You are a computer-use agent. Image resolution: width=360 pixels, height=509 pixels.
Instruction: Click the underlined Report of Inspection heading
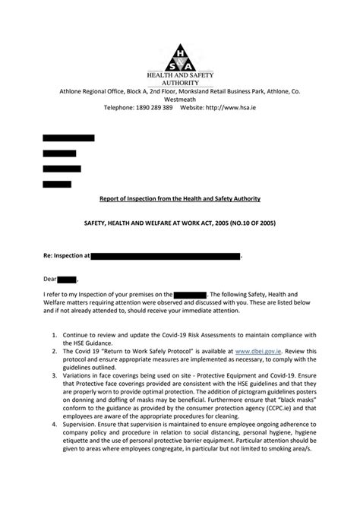(180, 199)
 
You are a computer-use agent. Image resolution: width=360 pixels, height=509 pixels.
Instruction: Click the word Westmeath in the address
(179, 99)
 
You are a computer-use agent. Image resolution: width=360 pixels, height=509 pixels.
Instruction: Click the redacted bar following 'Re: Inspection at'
(165, 257)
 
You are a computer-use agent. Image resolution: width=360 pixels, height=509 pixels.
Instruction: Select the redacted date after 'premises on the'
(190, 294)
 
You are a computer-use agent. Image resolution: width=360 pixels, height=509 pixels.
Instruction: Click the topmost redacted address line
(68, 138)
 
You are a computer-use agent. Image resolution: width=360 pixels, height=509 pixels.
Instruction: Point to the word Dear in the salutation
(49, 280)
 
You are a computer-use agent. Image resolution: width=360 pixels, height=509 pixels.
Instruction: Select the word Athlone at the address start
(74, 90)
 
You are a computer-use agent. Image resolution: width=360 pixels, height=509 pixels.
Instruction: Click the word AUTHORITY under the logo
(180, 81)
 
